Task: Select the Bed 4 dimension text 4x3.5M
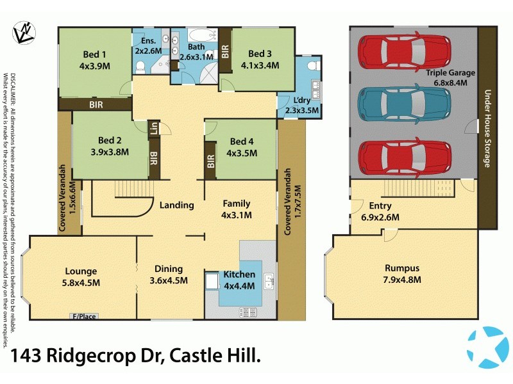(242, 153)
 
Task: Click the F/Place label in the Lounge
(83, 316)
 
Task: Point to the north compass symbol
(24, 33)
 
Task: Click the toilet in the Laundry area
(312, 67)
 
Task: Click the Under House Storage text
(487, 128)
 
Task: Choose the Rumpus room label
(402, 268)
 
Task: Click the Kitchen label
(240, 275)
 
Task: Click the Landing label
(177, 205)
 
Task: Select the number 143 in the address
(28, 357)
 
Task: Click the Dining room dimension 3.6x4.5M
(168, 280)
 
